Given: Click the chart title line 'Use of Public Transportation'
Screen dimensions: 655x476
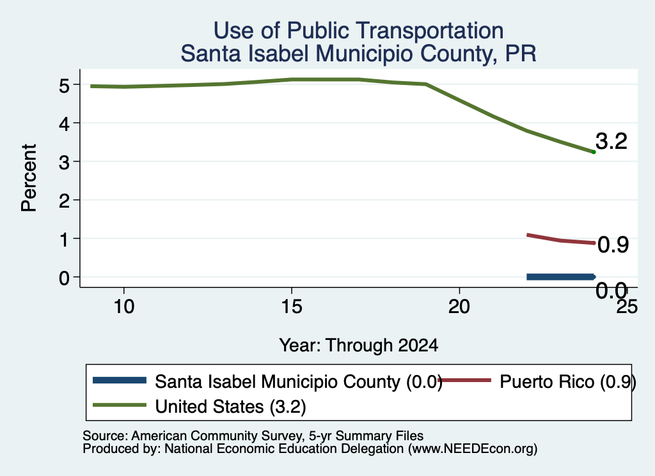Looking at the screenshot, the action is pyautogui.click(x=358, y=31).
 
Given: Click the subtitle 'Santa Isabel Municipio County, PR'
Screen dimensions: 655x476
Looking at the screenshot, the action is pyautogui.click(x=358, y=54).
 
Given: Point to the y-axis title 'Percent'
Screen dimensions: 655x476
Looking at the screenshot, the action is pyautogui.click(x=29, y=178).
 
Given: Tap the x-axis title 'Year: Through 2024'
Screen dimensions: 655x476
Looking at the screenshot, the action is pyautogui.click(x=358, y=346).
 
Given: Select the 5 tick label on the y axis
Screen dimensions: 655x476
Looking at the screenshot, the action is pyautogui.click(x=64, y=86).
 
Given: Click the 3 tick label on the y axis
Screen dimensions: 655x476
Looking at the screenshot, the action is pyautogui.click(x=64, y=162).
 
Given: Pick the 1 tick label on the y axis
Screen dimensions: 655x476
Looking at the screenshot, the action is pyautogui.click(x=64, y=240).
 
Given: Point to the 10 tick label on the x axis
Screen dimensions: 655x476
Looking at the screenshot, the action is pyautogui.click(x=124, y=307).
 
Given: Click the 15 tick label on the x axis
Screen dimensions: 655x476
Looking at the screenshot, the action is pyautogui.click(x=292, y=307).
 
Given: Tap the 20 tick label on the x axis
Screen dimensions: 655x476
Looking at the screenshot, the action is pyautogui.click(x=459, y=307).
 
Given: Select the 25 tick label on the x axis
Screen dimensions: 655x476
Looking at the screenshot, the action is pyautogui.click(x=627, y=307).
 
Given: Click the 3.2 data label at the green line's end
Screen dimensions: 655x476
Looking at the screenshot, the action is pyautogui.click(x=611, y=141).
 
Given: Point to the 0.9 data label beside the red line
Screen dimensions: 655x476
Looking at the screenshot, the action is pyautogui.click(x=613, y=245).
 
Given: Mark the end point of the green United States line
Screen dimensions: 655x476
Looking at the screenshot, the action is pyautogui.click(x=594, y=152).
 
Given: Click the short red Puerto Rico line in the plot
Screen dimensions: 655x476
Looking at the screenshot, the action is pyautogui.click(x=560, y=240).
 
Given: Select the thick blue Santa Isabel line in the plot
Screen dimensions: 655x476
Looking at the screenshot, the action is pyautogui.click(x=560, y=277).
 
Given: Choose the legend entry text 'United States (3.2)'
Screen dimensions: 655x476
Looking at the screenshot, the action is pyautogui.click(x=230, y=407).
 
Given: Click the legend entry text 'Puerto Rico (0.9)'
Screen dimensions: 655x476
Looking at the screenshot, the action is pyautogui.click(x=568, y=381).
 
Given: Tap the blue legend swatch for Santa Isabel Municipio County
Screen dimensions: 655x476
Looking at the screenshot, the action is pyautogui.click(x=120, y=380).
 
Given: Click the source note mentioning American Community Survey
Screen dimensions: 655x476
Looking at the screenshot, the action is pyautogui.click(x=253, y=436).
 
